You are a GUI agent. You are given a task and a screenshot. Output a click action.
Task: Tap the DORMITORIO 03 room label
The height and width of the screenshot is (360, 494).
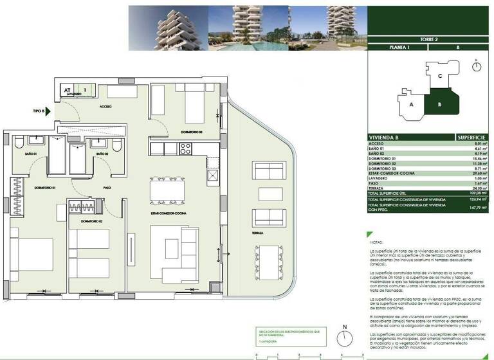coord(191,132)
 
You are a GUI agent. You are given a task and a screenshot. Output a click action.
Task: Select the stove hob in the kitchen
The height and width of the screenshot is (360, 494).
coord(185,148)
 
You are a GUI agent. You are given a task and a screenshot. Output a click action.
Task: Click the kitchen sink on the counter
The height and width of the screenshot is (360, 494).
coord(209,174)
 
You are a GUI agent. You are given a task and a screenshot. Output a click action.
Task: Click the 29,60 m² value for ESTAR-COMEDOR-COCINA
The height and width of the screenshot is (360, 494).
coord(473,173)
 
